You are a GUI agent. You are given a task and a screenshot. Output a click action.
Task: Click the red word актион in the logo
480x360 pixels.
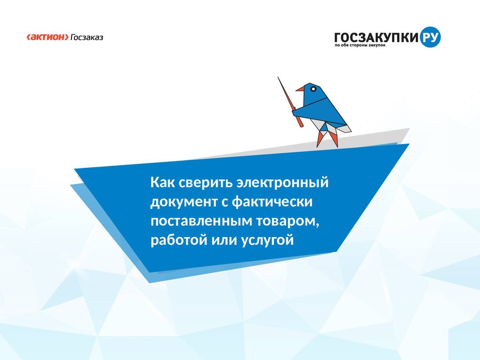tap(48, 37)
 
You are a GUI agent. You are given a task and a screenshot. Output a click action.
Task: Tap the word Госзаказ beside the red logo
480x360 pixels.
tap(87, 37)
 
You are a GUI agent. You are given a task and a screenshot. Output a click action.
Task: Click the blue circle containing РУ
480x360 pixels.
tap(430, 37)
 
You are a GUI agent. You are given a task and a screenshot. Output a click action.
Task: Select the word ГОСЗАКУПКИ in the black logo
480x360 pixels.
tap(376, 37)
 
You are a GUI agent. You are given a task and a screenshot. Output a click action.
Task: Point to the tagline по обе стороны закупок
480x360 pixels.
tap(360, 45)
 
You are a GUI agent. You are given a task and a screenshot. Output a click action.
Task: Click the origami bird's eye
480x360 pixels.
tap(313, 89)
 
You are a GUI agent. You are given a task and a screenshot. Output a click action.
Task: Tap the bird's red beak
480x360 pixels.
tap(300, 89)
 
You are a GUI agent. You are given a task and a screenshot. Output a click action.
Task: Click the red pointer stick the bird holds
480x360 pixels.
tap(290, 102)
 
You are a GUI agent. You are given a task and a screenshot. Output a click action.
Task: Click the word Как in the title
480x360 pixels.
tap(162, 182)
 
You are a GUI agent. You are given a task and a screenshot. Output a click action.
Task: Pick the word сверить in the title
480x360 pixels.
tap(206, 183)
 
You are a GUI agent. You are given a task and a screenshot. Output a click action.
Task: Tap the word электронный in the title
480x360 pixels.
tap(283, 183)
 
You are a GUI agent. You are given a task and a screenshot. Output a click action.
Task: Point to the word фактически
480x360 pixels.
tap(272, 202)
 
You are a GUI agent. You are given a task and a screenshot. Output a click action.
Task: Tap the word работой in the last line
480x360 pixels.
tap(178, 240)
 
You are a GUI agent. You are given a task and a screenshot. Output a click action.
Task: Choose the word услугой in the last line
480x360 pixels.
tap(267, 240)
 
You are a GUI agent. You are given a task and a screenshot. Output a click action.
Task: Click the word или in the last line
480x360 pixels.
tap(224, 240)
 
